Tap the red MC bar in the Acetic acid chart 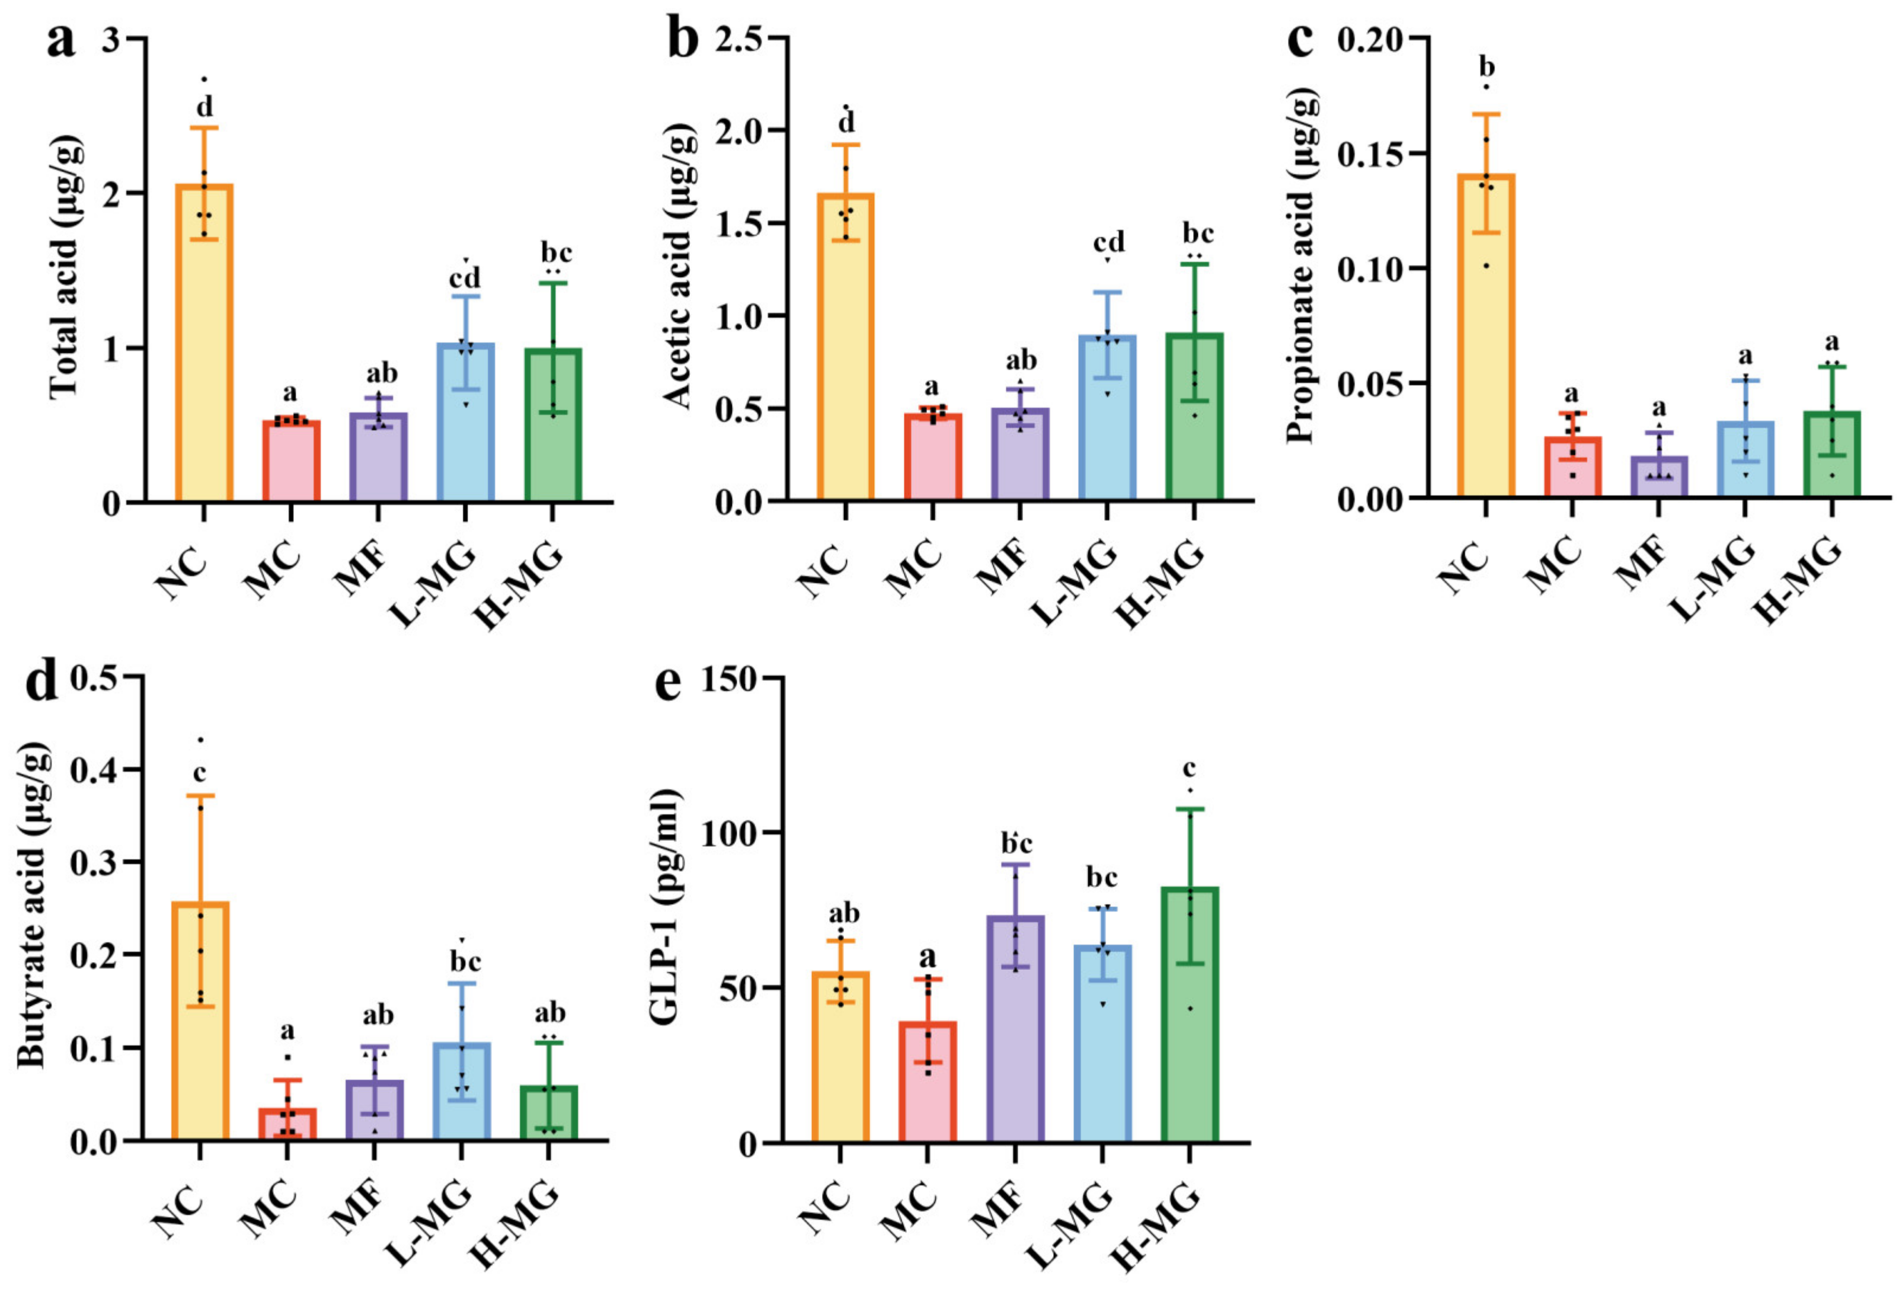(933, 458)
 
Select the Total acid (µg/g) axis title (65, 270)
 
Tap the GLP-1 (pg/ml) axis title (666, 907)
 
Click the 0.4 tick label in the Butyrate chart (95, 770)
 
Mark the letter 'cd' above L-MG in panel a (465, 278)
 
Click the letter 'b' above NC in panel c (1486, 67)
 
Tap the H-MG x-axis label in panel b (1160, 585)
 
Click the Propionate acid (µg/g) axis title (1301, 270)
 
